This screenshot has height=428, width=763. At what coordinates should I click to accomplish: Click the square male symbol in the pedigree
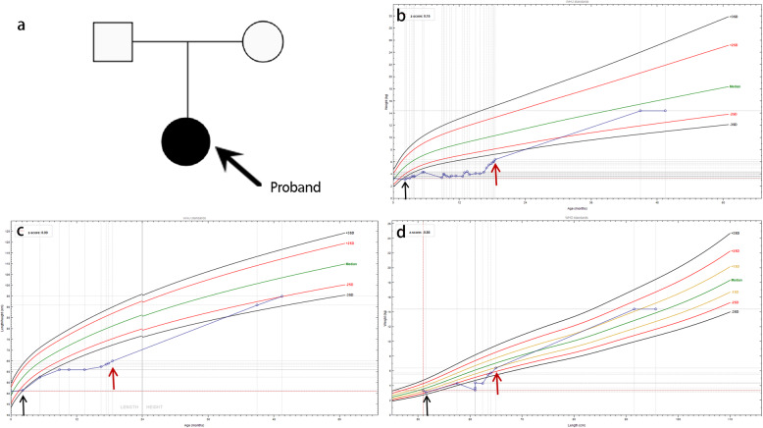click(113, 42)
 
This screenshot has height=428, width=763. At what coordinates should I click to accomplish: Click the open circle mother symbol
click(263, 42)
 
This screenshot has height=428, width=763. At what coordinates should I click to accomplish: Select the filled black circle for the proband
click(186, 140)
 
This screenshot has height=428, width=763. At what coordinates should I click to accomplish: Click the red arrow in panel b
click(497, 175)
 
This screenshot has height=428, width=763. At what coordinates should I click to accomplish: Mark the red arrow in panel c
click(114, 375)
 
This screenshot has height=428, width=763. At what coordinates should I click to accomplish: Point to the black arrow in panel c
click(23, 401)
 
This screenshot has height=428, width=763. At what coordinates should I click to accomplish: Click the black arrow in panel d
click(426, 403)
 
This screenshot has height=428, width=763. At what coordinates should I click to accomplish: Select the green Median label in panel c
click(350, 265)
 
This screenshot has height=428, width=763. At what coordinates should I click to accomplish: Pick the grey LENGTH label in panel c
click(127, 405)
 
